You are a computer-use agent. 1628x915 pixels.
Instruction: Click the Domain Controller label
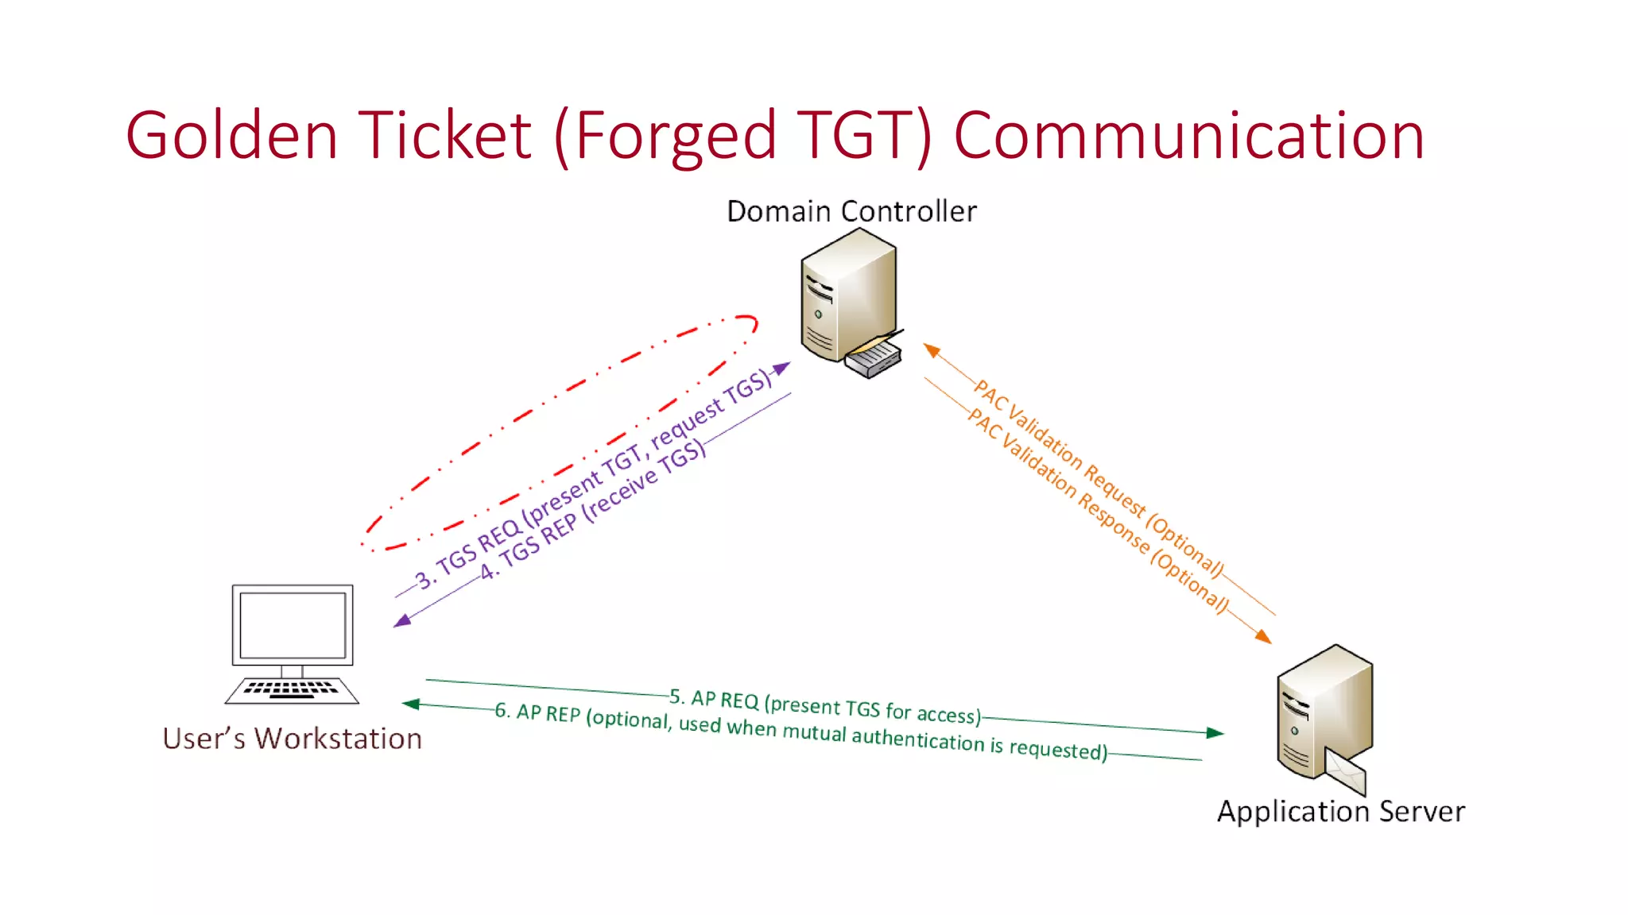(x=851, y=211)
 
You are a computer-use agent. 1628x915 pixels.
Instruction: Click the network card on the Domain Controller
(x=873, y=358)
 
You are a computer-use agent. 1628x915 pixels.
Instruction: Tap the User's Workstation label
(x=292, y=739)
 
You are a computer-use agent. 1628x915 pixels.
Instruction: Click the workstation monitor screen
(x=293, y=624)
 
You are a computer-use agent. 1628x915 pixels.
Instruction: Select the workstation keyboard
(x=292, y=689)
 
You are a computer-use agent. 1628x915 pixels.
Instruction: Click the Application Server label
(x=1340, y=811)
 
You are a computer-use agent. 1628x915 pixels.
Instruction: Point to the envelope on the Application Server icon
(x=1345, y=771)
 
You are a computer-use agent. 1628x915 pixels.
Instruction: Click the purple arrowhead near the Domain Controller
(x=783, y=369)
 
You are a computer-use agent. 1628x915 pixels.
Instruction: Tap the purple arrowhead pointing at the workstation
(x=402, y=620)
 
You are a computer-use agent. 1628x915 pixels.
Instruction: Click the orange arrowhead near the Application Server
(x=1263, y=636)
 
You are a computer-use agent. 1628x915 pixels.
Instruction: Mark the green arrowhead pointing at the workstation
(x=410, y=704)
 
